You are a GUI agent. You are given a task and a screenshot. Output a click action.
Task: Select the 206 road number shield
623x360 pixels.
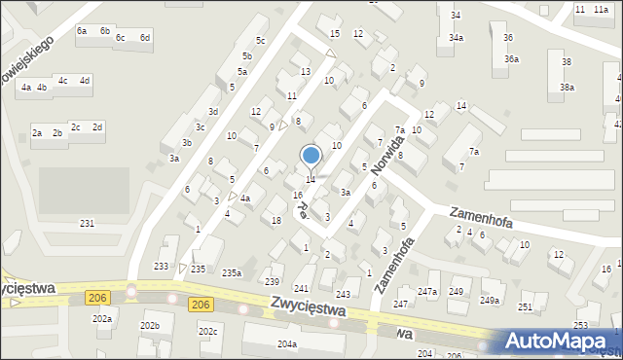point(202,305)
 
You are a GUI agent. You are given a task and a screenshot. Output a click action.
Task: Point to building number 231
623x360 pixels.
point(88,224)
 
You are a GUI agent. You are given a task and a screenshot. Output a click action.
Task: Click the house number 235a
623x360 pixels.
point(232,272)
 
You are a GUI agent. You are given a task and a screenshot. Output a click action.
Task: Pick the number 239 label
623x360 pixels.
point(273,282)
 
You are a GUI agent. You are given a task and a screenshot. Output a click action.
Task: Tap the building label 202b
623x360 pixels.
point(149,326)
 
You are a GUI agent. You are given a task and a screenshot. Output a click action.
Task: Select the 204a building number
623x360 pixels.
point(286,344)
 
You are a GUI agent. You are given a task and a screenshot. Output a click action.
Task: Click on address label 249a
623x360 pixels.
point(489,301)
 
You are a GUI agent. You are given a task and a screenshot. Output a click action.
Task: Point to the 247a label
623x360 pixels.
point(427,292)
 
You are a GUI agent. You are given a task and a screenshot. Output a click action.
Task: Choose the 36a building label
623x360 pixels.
point(511,59)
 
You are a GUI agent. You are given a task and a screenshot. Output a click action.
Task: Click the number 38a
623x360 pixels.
point(567,88)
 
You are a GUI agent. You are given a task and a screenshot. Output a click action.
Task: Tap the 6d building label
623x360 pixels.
point(145,37)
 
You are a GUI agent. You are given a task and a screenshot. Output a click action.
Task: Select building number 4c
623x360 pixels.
point(63,81)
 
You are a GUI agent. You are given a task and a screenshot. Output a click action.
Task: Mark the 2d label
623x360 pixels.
point(97,127)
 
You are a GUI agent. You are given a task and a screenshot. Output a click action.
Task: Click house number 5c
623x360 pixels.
point(260,40)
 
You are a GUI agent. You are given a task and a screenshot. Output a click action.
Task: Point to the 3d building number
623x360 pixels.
point(212,112)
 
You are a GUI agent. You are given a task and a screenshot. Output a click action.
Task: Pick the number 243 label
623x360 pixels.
point(343,294)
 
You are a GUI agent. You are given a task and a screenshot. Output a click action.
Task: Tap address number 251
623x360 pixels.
point(526,307)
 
